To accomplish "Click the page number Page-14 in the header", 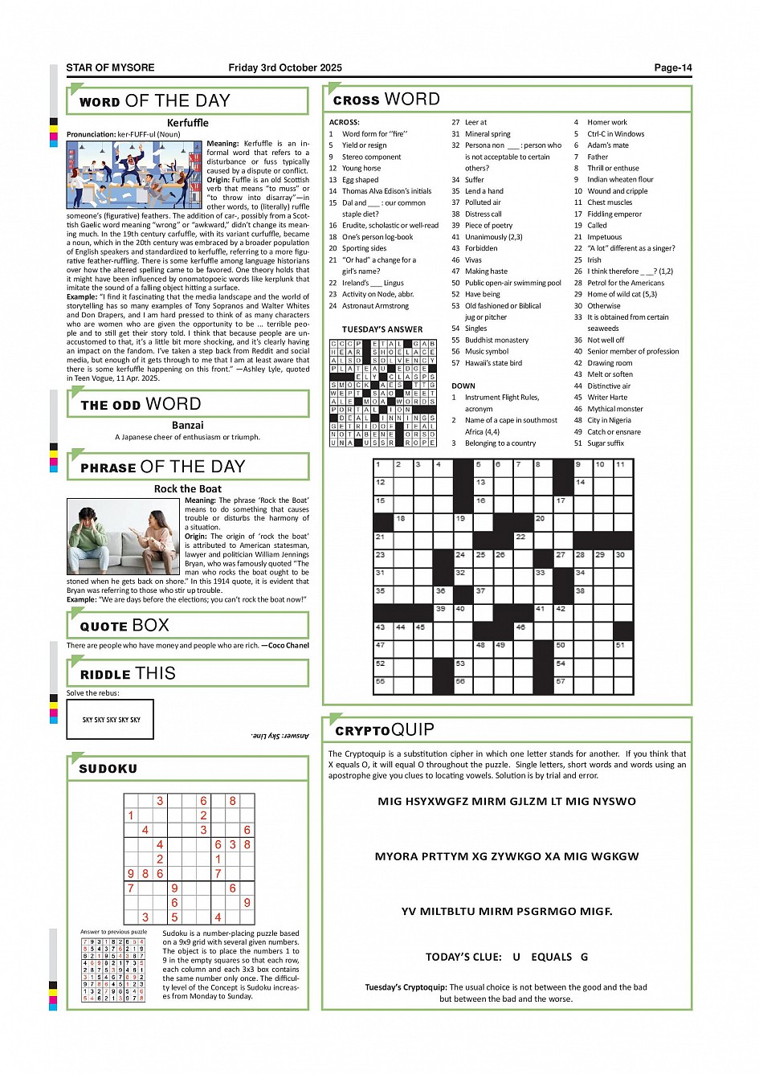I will [x=672, y=68].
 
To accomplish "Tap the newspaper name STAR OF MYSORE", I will [x=110, y=68].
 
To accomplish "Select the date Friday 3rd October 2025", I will [x=284, y=68].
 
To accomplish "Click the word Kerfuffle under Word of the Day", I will [x=187, y=123].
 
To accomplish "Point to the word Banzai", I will [x=187, y=425].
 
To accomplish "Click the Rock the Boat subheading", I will [x=187, y=488].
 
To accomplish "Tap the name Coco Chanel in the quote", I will [x=288, y=645].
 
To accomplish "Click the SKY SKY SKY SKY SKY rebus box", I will [x=110, y=719].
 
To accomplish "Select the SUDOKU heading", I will [x=108, y=769].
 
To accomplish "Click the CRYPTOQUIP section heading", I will [x=384, y=730].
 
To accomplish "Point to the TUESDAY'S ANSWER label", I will [x=382, y=329].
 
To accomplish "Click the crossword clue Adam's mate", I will [x=607, y=145].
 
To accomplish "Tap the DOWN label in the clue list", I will [x=463, y=386].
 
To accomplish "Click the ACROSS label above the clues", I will [x=345, y=122].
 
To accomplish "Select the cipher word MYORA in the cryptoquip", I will [x=394, y=856].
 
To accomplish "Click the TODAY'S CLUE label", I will [x=463, y=957].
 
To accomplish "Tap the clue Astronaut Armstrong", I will [x=375, y=306].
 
